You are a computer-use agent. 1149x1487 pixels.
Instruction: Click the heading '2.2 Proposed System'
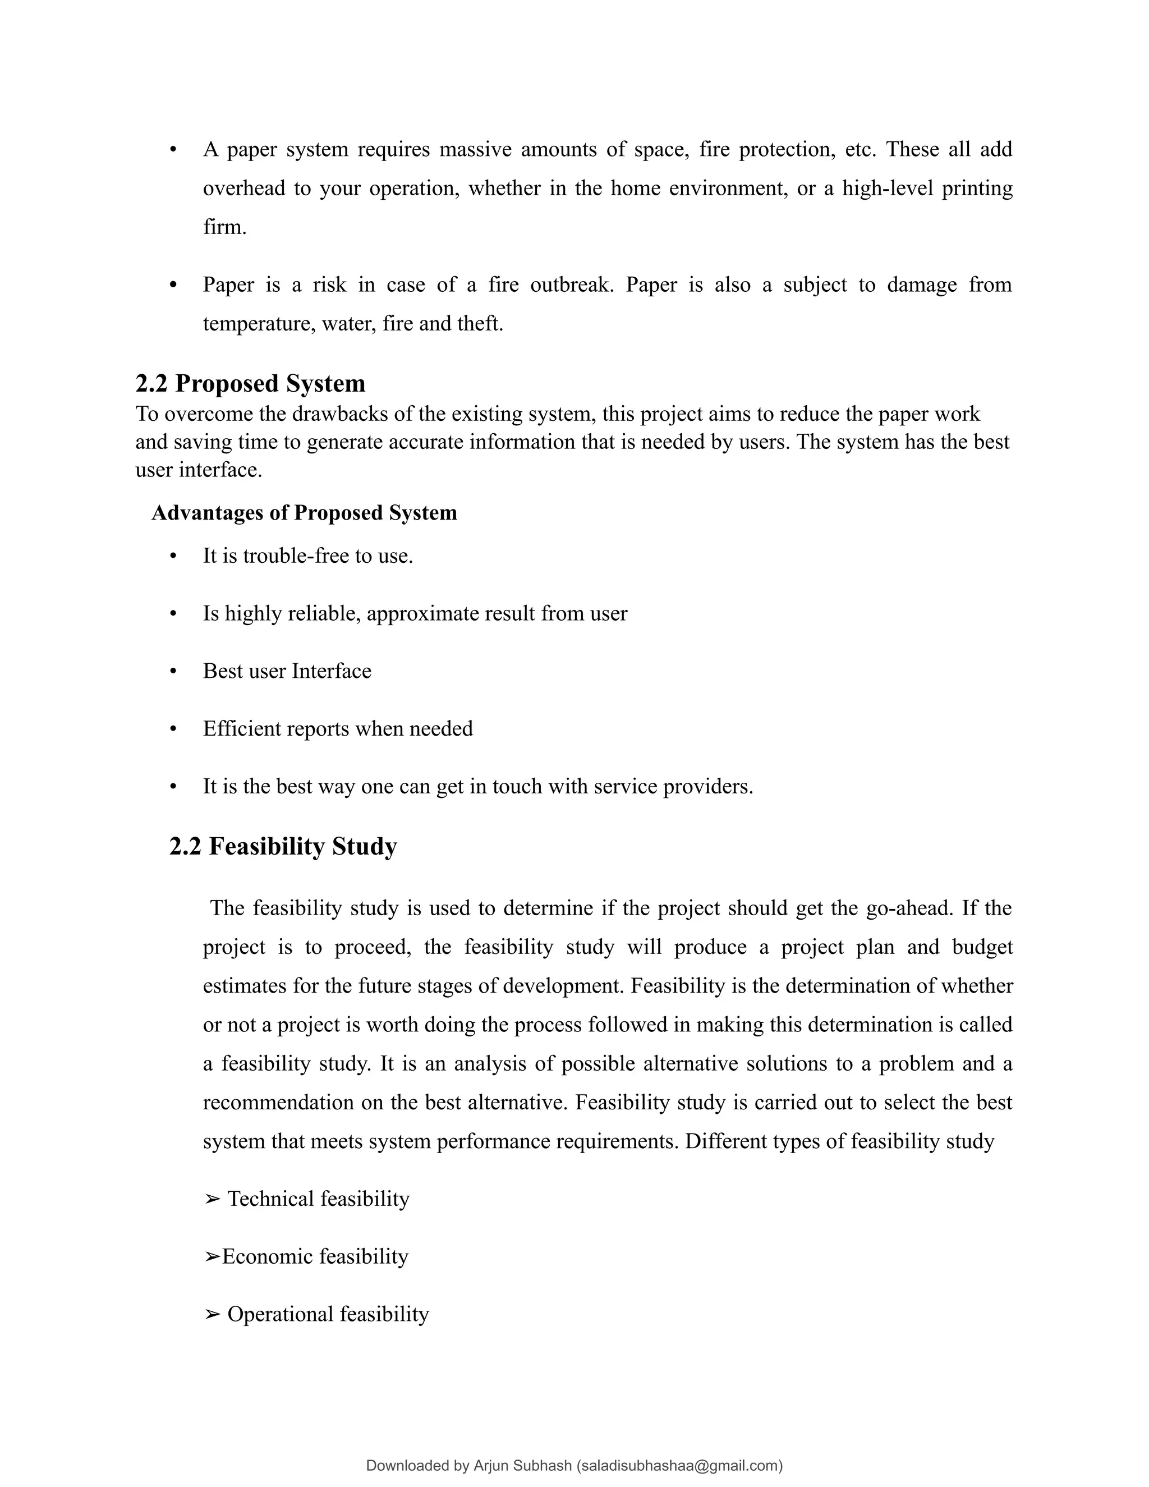(250, 384)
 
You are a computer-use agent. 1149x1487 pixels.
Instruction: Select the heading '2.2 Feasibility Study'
(283, 846)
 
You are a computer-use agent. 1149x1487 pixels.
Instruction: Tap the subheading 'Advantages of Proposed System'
(304, 513)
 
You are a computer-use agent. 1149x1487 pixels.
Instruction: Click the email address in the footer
(679, 1466)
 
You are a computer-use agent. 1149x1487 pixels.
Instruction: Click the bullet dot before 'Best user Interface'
(173, 671)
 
